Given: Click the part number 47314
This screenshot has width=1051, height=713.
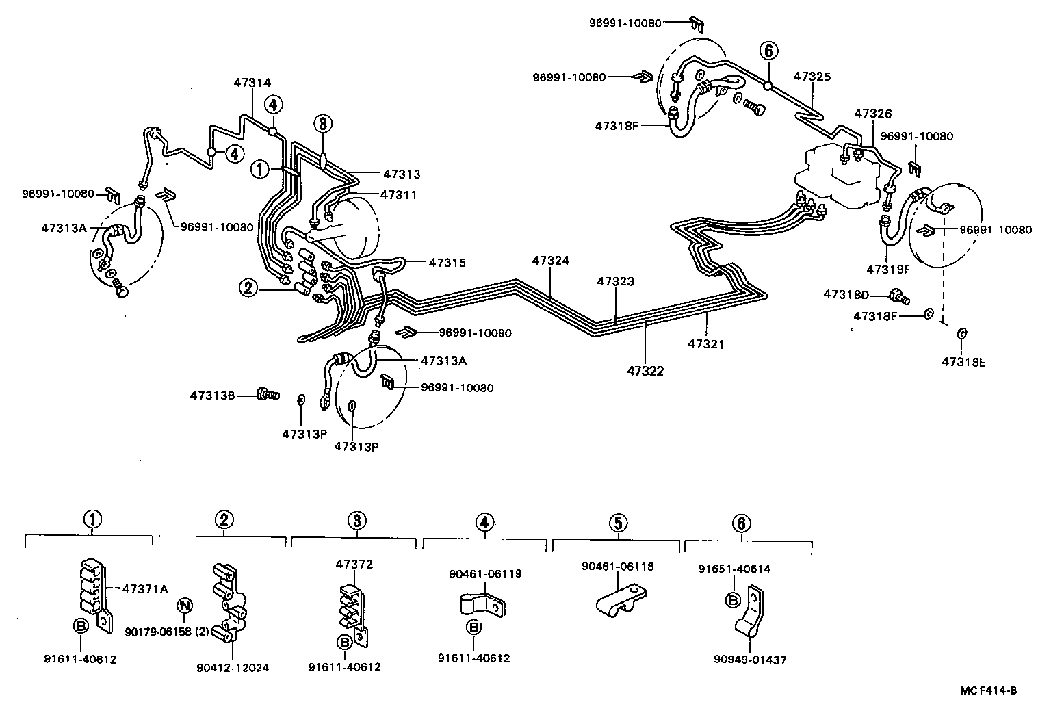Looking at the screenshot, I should pos(252,82).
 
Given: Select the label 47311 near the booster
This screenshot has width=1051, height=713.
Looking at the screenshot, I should pos(398,195).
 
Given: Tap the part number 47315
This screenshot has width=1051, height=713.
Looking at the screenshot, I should pos(447,262).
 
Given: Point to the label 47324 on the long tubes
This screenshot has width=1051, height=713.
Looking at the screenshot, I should pos(551,261).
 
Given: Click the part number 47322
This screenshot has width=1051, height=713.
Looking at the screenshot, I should pos(645,371).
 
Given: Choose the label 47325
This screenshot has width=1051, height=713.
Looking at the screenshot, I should pos(812,77).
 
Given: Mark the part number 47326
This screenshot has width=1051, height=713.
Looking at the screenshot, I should pos(873,114).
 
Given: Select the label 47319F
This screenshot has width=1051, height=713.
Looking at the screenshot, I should pos(888,269).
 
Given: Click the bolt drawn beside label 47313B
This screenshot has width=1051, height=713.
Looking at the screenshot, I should pos(267,394).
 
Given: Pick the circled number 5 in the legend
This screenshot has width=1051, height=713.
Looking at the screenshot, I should pos(617,523).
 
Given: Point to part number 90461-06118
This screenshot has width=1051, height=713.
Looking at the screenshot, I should pos(618,567).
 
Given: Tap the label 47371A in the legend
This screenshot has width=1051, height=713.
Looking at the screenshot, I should pos(144,588).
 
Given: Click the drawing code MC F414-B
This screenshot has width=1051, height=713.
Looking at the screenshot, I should pos(989,690).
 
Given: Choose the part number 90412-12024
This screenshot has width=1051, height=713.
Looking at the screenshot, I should pos(233,667).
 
